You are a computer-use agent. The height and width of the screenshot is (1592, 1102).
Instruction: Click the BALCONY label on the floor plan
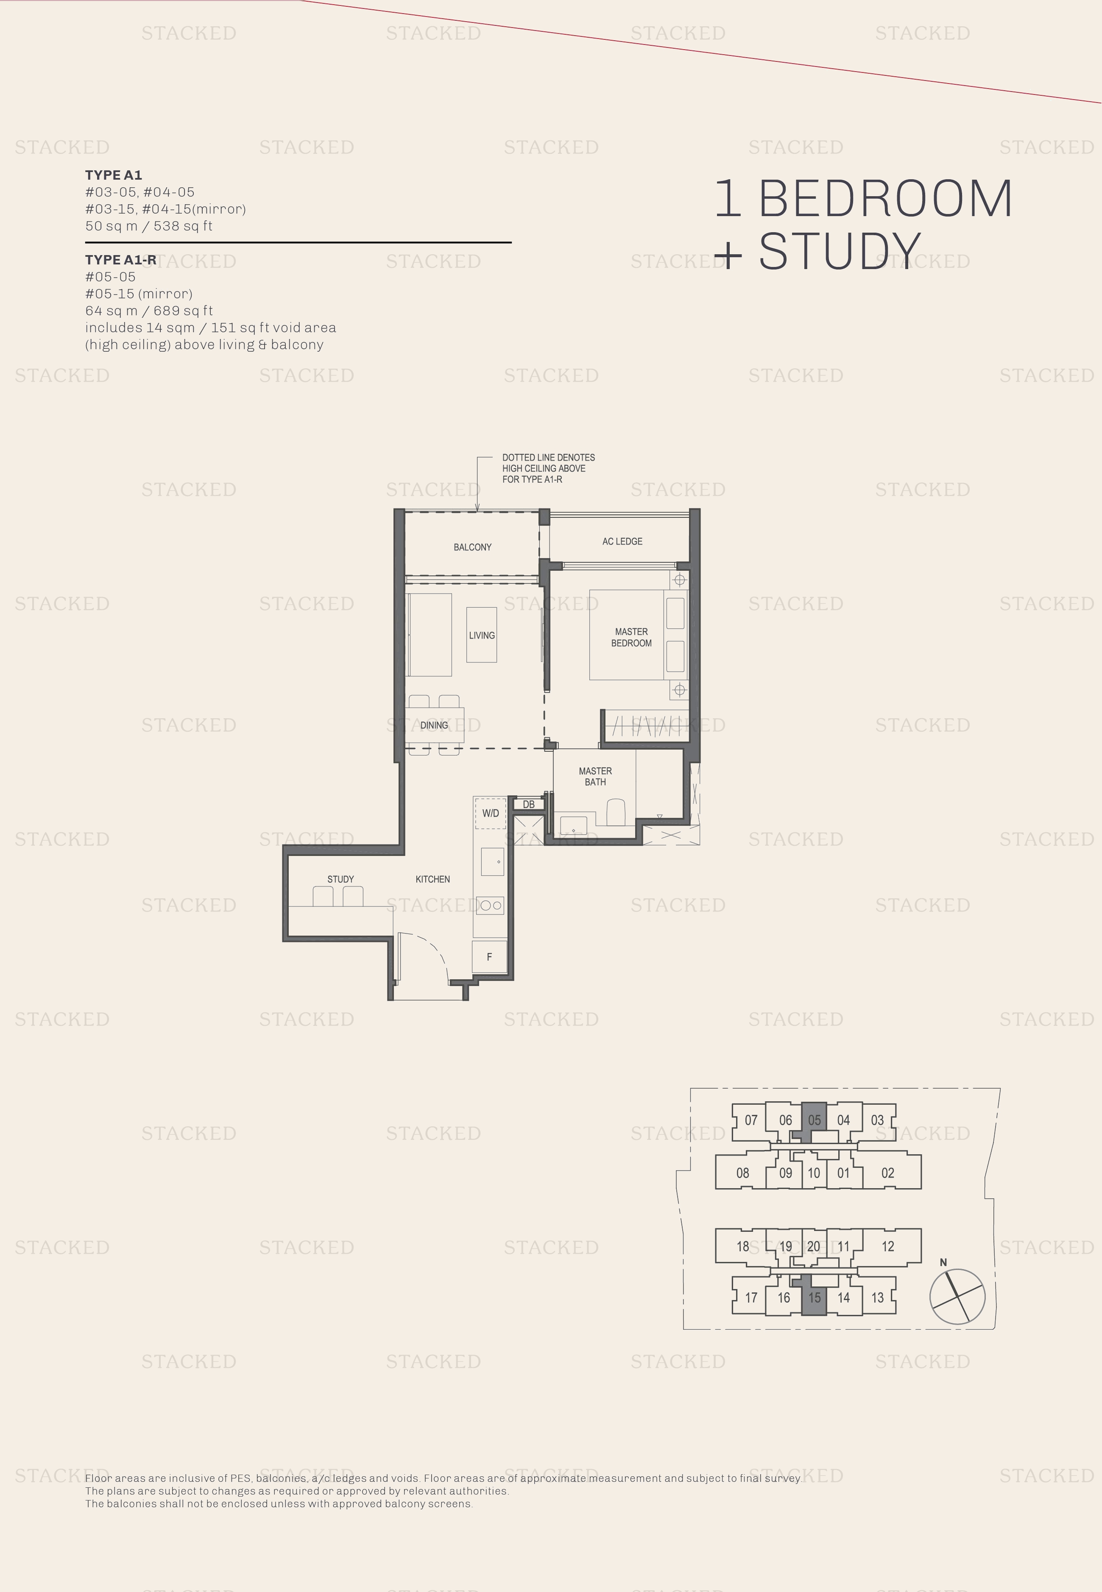[x=472, y=547]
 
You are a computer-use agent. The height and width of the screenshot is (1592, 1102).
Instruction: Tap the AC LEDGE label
[x=622, y=542]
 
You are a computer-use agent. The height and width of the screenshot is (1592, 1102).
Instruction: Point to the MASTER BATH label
[x=595, y=776]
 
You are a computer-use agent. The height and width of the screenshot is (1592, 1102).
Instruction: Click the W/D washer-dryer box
[x=490, y=813]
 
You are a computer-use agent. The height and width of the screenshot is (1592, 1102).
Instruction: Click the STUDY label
[x=340, y=879]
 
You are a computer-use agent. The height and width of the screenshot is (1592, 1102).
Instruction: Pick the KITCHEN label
[x=433, y=879]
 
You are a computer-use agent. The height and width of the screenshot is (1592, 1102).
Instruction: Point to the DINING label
[x=434, y=725]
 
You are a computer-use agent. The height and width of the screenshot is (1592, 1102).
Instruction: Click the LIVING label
[x=482, y=636]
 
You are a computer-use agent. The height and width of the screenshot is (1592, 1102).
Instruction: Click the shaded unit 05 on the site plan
[x=814, y=1120]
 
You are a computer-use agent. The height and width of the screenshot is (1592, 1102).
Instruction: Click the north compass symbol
[x=957, y=1295]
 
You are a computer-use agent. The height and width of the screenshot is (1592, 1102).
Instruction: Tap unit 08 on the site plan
[x=742, y=1172]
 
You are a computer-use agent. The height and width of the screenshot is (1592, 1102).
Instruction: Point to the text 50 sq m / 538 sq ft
[x=148, y=226]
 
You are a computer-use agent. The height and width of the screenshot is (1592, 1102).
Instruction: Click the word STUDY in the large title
[x=840, y=251]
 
